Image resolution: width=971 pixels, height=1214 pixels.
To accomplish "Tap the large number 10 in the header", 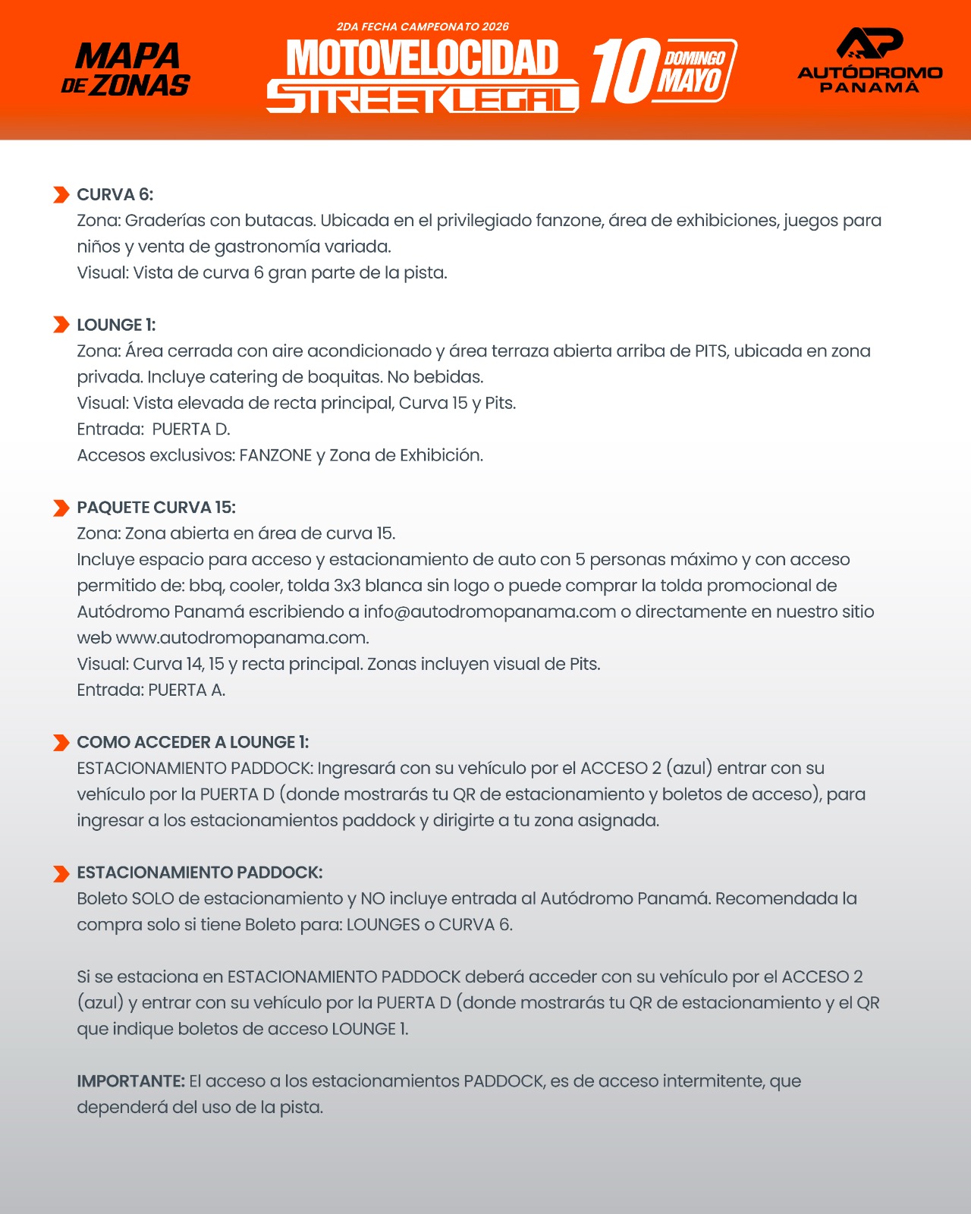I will click(625, 71).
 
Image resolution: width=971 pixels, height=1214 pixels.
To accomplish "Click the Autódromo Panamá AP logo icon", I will click(869, 43).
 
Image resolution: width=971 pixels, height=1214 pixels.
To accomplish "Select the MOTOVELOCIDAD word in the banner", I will click(422, 58).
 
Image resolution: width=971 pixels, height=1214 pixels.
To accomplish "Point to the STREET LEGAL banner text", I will click(422, 97).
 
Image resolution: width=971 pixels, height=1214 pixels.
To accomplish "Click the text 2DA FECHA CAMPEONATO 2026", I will click(423, 27).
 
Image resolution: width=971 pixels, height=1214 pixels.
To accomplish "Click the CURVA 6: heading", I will click(115, 195).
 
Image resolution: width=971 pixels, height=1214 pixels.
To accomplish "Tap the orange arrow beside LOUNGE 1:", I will click(61, 325).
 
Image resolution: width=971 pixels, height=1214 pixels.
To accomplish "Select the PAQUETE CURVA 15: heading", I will click(156, 508).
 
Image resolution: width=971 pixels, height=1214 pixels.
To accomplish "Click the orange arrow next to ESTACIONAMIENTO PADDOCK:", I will click(61, 873).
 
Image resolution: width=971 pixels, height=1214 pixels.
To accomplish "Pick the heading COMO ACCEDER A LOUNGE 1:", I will click(193, 742).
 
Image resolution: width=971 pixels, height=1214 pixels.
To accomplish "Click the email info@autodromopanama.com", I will click(489, 612).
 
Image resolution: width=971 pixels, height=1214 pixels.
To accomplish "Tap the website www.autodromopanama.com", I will click(242, 637).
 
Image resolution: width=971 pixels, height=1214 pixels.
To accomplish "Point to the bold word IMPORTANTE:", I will click(130, 1081).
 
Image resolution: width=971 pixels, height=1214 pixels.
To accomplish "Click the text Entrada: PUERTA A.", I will click(151, 690).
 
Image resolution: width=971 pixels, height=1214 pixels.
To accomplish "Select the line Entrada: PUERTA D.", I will click(153, 429).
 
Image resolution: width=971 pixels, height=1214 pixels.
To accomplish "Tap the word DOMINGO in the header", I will click(694, 58).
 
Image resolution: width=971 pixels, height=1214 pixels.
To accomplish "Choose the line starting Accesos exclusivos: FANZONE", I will click(280, 455).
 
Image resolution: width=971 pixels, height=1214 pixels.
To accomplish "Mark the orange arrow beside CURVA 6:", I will click(61, 195).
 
